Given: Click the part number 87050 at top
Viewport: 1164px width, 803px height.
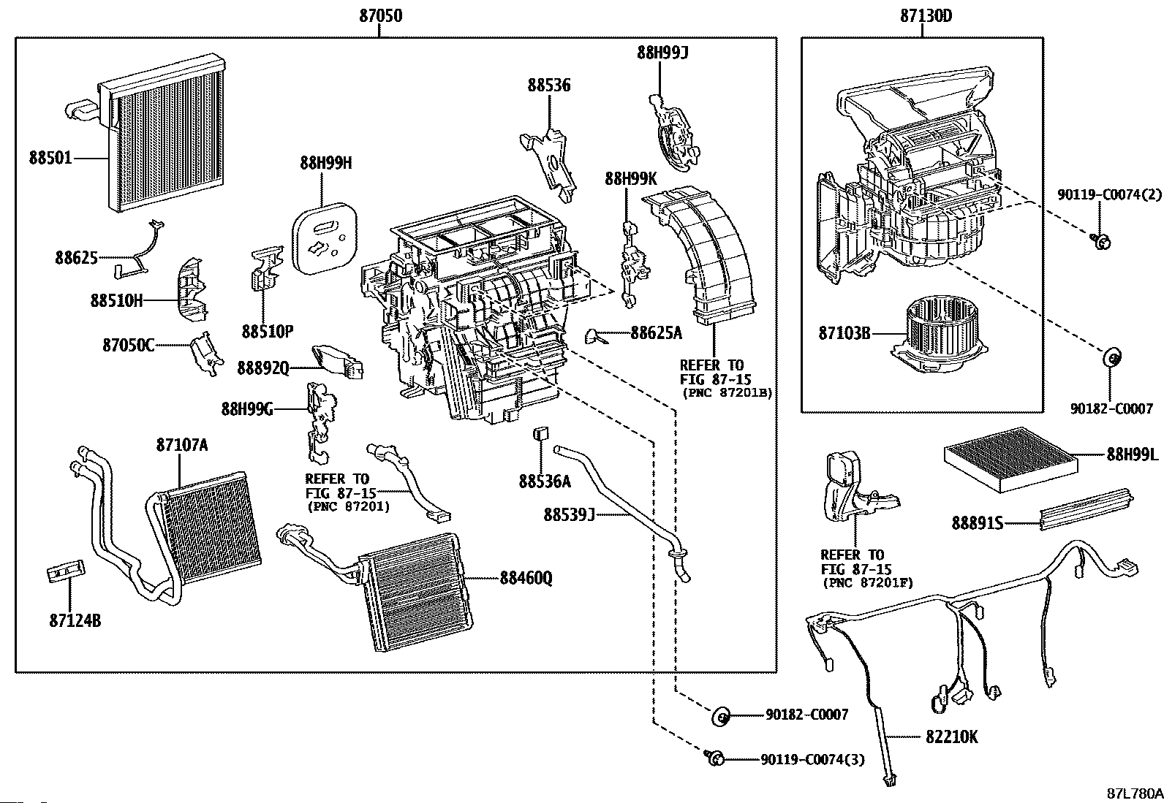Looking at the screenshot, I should tap(380, 15).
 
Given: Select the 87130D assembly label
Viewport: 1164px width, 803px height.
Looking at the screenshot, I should tap(923, 15).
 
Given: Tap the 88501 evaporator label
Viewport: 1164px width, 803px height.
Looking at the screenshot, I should tap(50, 157).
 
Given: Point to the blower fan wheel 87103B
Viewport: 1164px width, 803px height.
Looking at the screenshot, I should tap(931, 329).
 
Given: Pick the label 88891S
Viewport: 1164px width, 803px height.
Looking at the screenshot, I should tap(977, 522).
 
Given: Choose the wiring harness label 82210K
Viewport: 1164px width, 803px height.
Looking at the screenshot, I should tap(951, 737).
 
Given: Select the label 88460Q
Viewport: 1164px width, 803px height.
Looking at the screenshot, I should tap(526, 579).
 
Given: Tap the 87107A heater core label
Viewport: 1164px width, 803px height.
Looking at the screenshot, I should tap(181, 444).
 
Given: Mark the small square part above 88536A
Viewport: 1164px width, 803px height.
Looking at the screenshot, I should tap(540, 433).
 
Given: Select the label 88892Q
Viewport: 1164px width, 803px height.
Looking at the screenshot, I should tap(262, 369).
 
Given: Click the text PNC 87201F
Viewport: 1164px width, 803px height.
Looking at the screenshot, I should tap(867, 582).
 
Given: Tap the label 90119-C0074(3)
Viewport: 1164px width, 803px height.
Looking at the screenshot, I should tap(812, 760).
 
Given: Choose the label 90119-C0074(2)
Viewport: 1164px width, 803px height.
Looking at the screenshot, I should tap(1109, 194).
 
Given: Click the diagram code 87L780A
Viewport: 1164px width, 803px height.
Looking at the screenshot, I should tap(1134, 794).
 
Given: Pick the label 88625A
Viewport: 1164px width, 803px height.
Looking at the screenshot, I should tap(656, 333).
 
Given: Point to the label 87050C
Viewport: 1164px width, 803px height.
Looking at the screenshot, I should tap(129, 345).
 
